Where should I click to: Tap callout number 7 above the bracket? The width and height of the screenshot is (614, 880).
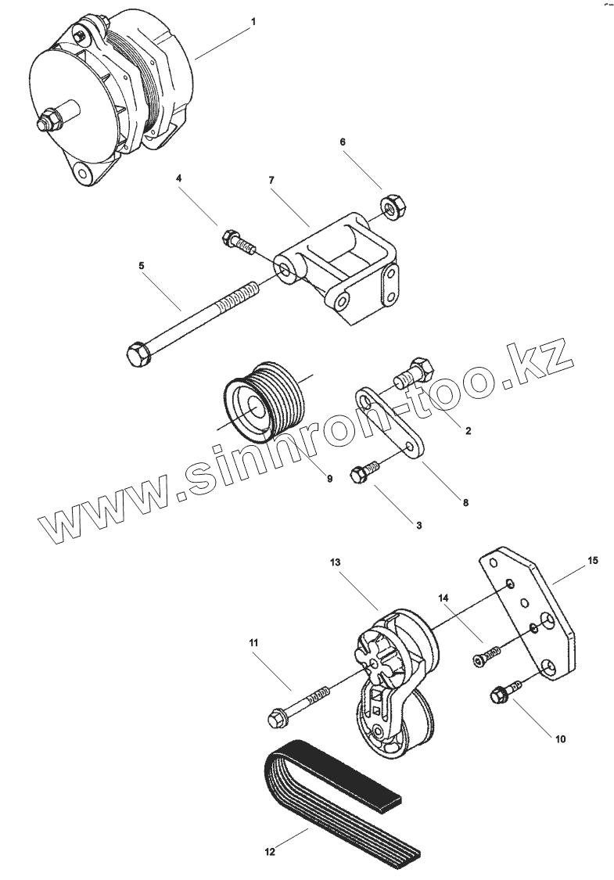[x=271, y=180]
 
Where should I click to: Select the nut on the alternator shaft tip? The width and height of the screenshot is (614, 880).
[x=46, y=122]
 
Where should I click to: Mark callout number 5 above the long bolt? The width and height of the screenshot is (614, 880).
[x=142, y=266]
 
